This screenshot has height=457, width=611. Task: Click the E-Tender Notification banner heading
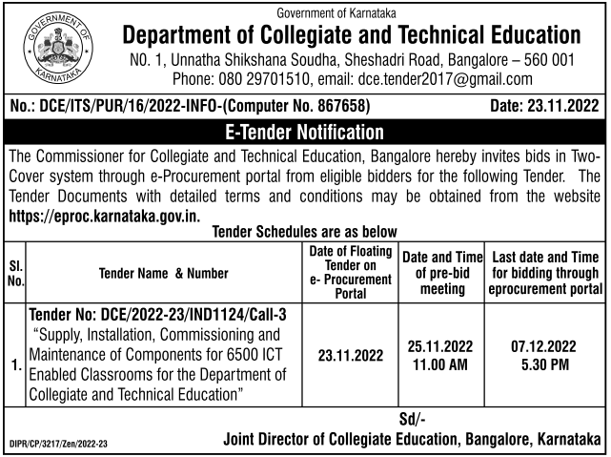coord(305,132)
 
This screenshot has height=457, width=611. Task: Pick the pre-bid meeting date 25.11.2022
coord(438,346)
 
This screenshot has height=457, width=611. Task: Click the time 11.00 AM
coord(438,365)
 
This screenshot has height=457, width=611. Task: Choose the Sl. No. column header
coord(15,272)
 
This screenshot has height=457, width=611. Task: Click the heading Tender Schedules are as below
coord(303,230)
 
